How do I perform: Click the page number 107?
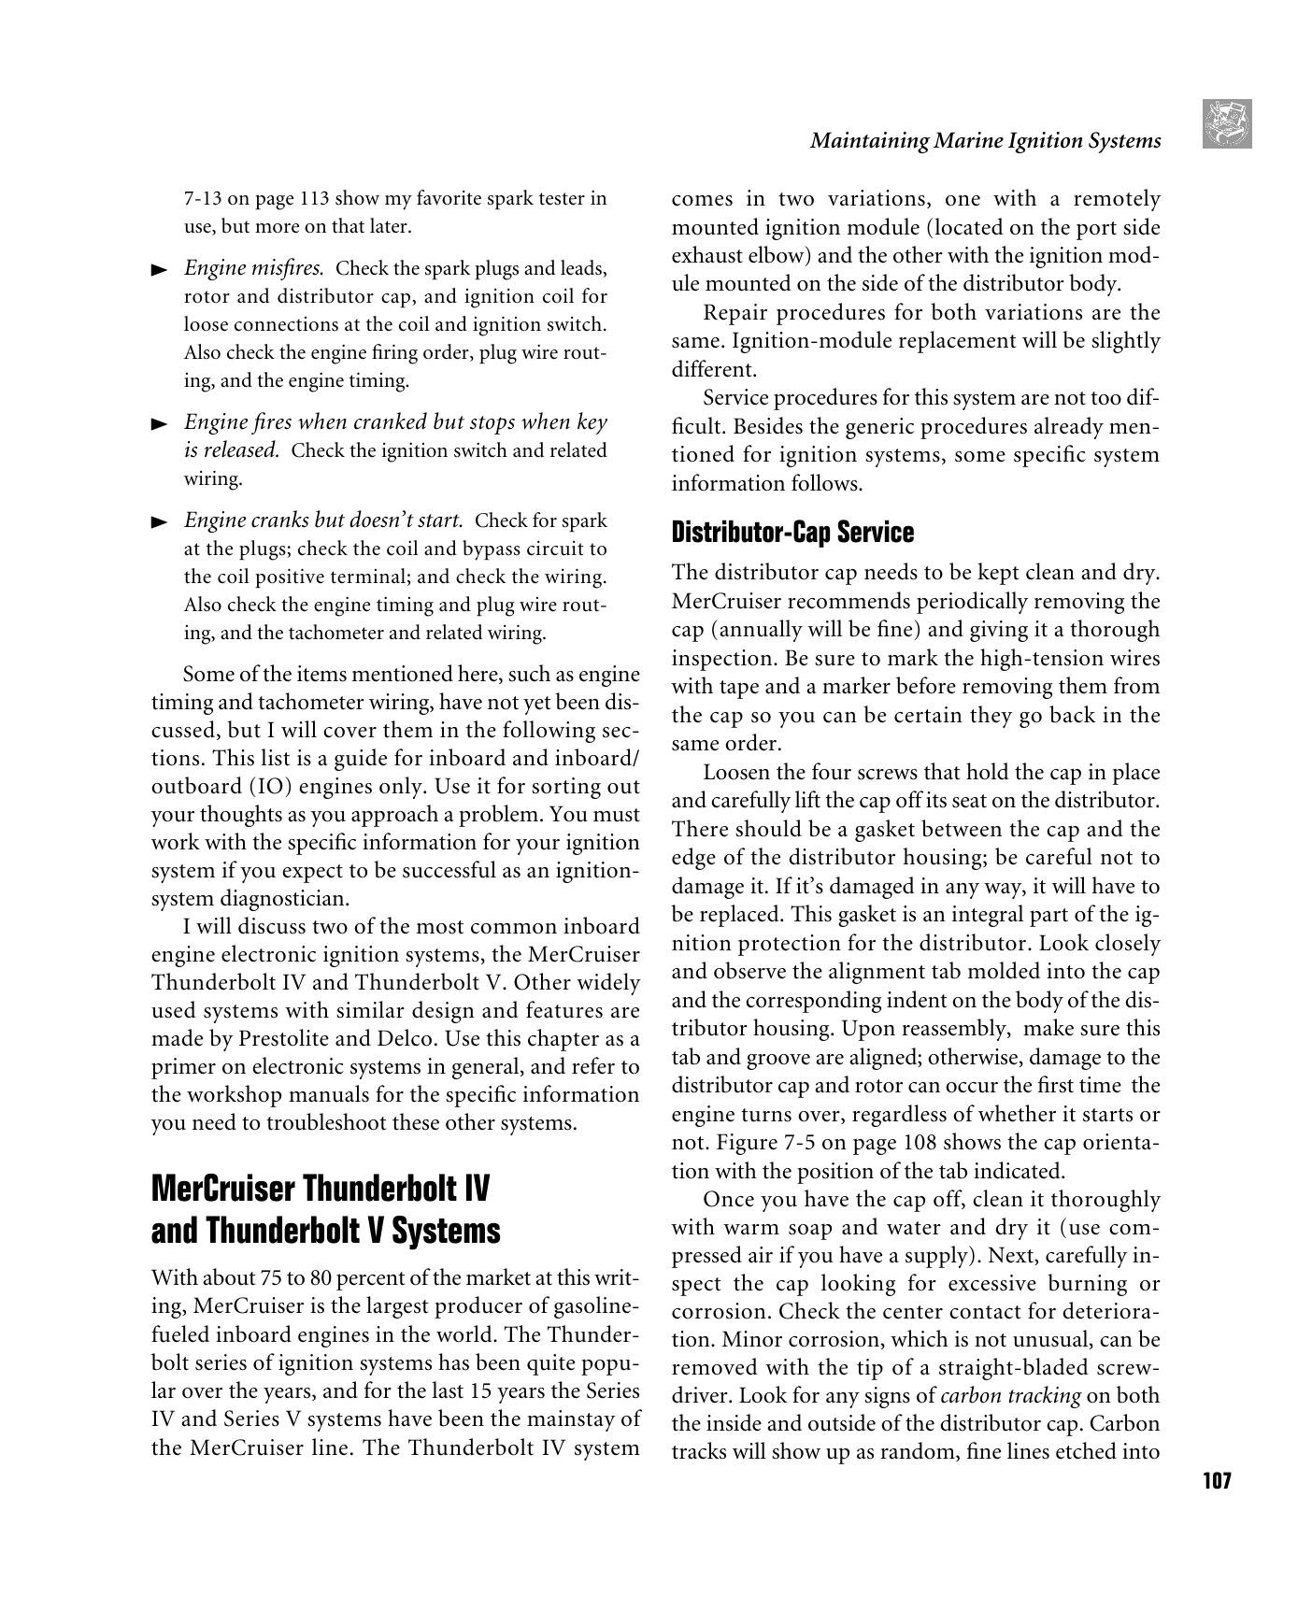1216,1480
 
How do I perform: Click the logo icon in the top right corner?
1227,124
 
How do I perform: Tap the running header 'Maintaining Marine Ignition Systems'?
985,141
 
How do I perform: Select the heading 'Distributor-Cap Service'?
792,533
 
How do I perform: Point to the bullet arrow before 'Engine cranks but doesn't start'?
160,521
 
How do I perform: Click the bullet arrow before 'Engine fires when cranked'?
160,424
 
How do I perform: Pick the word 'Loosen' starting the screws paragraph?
734,773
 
